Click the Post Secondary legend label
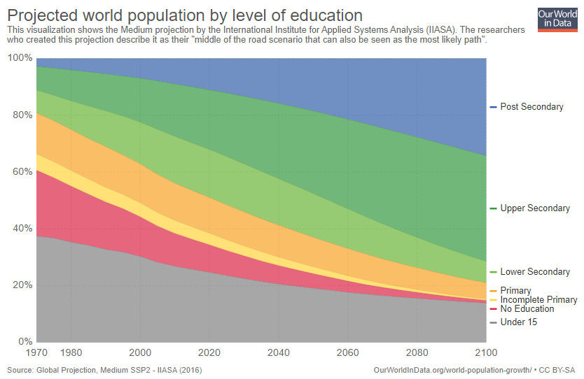point(531,107)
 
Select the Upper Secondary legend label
point(534,208)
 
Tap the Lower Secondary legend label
point(534,272)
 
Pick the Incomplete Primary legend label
point(538,300)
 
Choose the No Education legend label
point(527,309)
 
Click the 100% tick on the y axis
point(20,58)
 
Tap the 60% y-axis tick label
point(22,172)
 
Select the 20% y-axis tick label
point(22,285)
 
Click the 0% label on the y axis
point(24,342)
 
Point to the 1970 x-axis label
point(37,352)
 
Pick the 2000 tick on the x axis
point(141,352)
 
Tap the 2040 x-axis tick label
point(279,352)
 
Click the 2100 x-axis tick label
point(487,352)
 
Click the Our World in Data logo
point(557,19)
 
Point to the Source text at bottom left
point(104,369)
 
